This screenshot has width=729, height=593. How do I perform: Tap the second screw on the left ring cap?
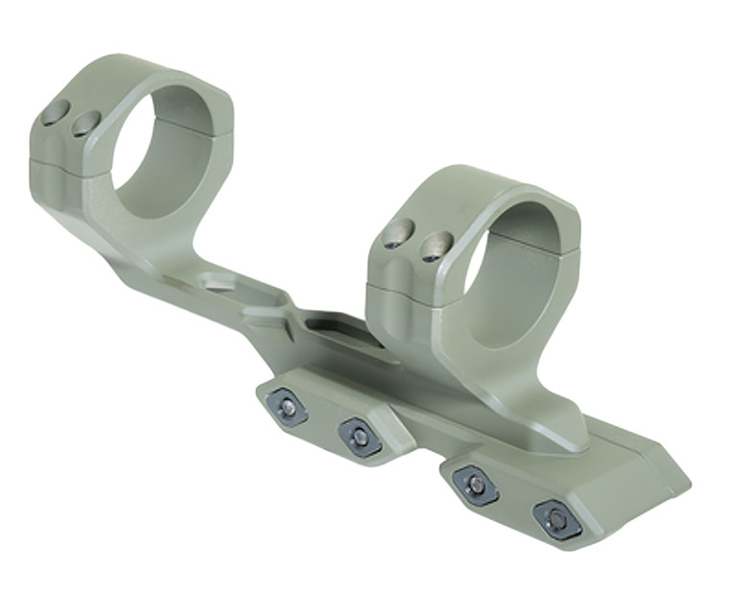pos(87,122)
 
